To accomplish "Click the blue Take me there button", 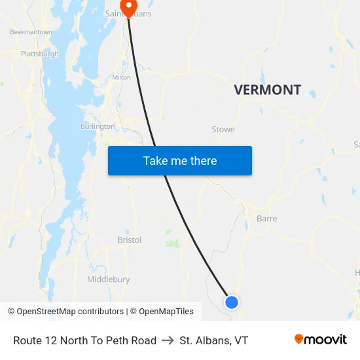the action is (180, 160).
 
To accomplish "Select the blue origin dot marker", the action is (232, 302).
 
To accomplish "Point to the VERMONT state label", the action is (268, 90).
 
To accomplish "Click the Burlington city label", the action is (98, 126).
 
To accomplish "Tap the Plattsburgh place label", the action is (40, 54).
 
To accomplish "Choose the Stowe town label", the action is (223, 130).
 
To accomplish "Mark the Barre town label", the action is (267, 219).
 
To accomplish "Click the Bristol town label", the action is (130, 240).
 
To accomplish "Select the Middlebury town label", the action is (109, 279).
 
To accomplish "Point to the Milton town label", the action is (121, 77).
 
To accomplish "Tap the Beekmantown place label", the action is (31, 31).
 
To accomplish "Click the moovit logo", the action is (321, 339).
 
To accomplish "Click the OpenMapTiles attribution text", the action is (166, 312).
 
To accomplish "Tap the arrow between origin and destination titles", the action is (168, 340).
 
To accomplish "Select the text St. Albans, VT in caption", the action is (214, 340).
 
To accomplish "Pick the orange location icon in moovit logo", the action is (299, 339).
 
